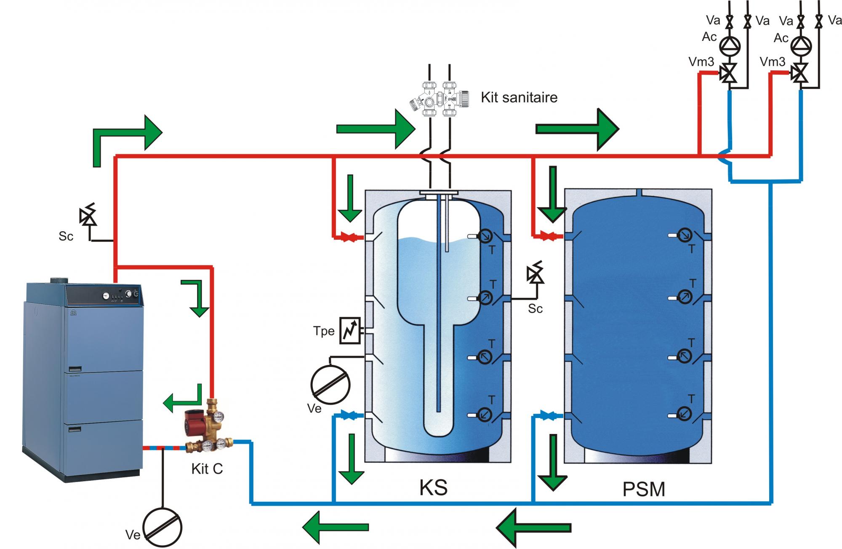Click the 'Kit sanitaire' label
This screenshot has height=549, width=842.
tap(519, 98)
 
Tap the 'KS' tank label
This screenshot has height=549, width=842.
tap(433, 487)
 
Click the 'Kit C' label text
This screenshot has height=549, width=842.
tap(207, 469)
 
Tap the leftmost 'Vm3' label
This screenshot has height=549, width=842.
tap(701, 62)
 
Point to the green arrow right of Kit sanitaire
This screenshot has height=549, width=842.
tap(577, 129)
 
